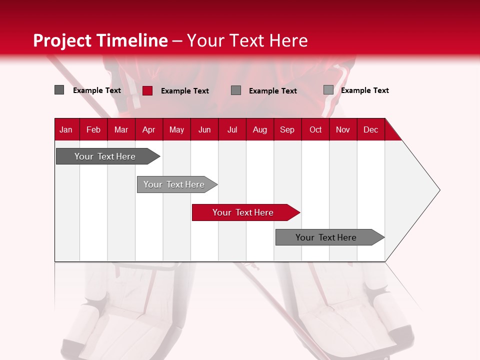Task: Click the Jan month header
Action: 66,129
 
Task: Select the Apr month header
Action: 149,129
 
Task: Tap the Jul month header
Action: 232,129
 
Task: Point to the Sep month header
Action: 287,129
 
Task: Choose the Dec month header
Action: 370,129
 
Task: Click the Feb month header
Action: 93,129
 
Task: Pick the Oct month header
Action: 315,129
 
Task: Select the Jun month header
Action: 204,129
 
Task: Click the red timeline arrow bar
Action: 243,212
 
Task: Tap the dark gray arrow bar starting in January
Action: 105,156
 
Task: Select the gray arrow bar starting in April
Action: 174,184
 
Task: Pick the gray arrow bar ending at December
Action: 326,237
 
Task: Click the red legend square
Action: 147,90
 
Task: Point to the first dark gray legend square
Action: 59,90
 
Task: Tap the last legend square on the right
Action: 328,90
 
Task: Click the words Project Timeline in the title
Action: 100,40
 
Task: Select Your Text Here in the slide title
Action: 247,40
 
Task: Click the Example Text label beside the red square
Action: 185,91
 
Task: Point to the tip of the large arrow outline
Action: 439,190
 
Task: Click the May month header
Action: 176,129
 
